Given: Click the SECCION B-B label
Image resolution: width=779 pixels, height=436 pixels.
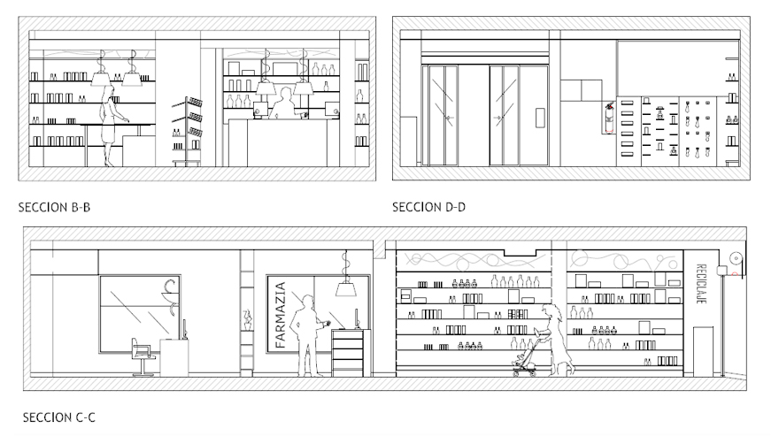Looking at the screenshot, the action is [x=54, y=207].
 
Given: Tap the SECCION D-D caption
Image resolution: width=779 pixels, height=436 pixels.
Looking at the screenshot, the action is [x=428, y=207].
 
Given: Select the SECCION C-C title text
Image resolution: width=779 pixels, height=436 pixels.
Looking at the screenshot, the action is [x=58, y=417].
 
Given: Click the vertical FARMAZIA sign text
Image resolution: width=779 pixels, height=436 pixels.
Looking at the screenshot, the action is [x=281, y=314].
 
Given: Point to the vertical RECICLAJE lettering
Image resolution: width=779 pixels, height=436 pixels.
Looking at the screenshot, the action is [x=701, y=284].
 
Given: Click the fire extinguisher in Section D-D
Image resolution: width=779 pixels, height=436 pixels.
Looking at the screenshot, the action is [x=609, y=119].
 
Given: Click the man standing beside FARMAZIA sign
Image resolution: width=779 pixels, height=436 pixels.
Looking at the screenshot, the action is [x=309, y=335].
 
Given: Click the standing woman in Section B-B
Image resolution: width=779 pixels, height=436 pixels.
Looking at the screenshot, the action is [x=110, y=126].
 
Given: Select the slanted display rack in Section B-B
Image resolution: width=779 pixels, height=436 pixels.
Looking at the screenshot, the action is [x=189, y=131].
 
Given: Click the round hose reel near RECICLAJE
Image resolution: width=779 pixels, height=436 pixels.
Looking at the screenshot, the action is [x=736, y=258].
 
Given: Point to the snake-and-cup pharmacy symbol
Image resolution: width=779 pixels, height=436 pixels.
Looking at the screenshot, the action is [x=170, y=297].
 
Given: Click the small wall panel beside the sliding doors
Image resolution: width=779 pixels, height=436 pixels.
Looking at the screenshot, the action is [x=540, y=119].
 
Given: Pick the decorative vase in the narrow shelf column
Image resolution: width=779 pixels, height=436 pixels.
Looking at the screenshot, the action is [x=247, y=320].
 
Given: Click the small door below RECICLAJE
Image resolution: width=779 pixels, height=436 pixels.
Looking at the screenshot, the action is [x=704, y=351].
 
